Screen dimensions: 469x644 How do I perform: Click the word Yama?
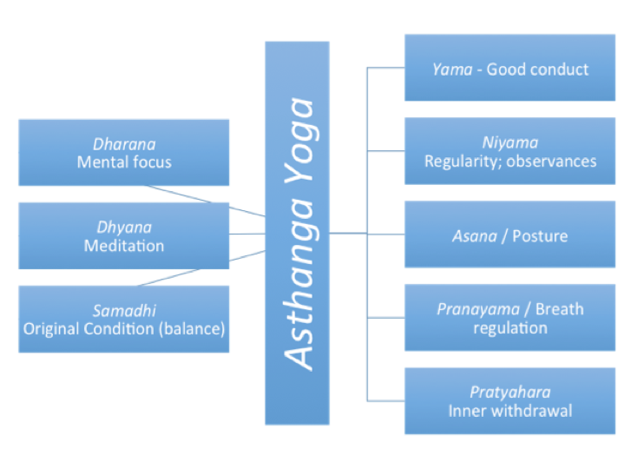450,69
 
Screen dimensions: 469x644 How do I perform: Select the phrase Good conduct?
537,69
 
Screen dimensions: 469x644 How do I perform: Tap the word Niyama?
509,143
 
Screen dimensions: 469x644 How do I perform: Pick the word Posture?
540,235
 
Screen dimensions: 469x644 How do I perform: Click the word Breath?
559,309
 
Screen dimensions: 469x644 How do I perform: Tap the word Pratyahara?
509,393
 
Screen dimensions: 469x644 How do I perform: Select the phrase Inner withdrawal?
509,411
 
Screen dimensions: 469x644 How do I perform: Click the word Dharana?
124,144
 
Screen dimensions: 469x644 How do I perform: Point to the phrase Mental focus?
124,162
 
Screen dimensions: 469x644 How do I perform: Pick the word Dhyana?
124,228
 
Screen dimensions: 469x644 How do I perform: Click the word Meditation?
124,246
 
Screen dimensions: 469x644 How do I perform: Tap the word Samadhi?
124,311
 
